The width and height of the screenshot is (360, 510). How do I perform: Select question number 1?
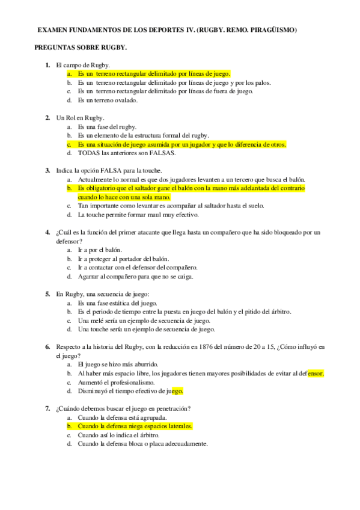(x=47, y=64)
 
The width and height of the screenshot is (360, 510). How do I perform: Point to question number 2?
(x=47, y=118)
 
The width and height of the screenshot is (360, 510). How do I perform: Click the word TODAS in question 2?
(x=89, y=153)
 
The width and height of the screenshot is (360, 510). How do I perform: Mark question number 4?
(x=47, y=232)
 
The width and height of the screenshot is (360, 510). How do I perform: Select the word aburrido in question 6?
(x=142, y=364)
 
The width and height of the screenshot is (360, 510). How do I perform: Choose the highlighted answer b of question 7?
(x=135, y=426)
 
